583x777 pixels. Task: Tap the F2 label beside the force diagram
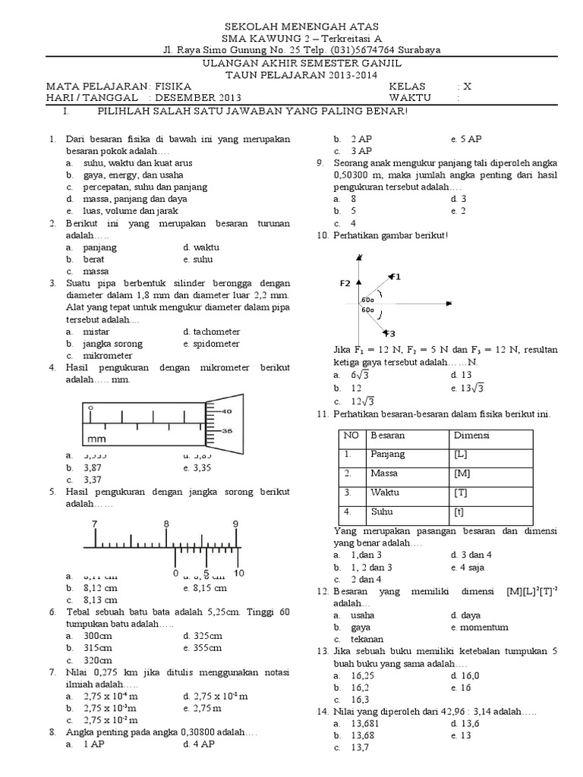coord(345,283)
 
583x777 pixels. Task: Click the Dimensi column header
coord(471,436)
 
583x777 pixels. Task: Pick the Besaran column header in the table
coord(388,436)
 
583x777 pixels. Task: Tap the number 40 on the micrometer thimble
coord(226,411)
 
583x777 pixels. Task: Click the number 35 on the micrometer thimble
coord(226,430)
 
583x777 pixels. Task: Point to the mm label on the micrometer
coord(96,439)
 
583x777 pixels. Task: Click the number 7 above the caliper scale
coord(95,524)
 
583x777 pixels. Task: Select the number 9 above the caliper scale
coord(235,524)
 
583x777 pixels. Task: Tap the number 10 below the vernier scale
coord(238,572)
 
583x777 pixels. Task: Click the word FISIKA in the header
coord(172,87)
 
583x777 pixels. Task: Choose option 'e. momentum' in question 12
coord(478,628)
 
